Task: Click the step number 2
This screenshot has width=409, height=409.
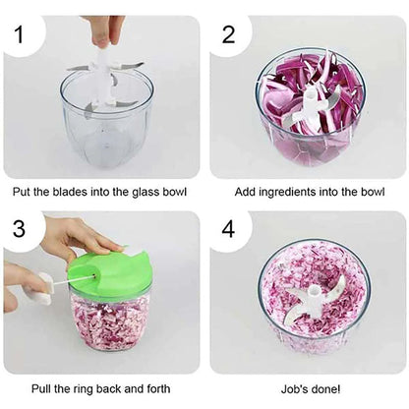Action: pyautogui.click(x=229, y=35)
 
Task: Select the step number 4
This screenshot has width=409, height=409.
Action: pyautogui.click(x=229, y=230)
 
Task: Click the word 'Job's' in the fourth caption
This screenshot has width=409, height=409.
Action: pyautogui.click(x=287, y=390)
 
